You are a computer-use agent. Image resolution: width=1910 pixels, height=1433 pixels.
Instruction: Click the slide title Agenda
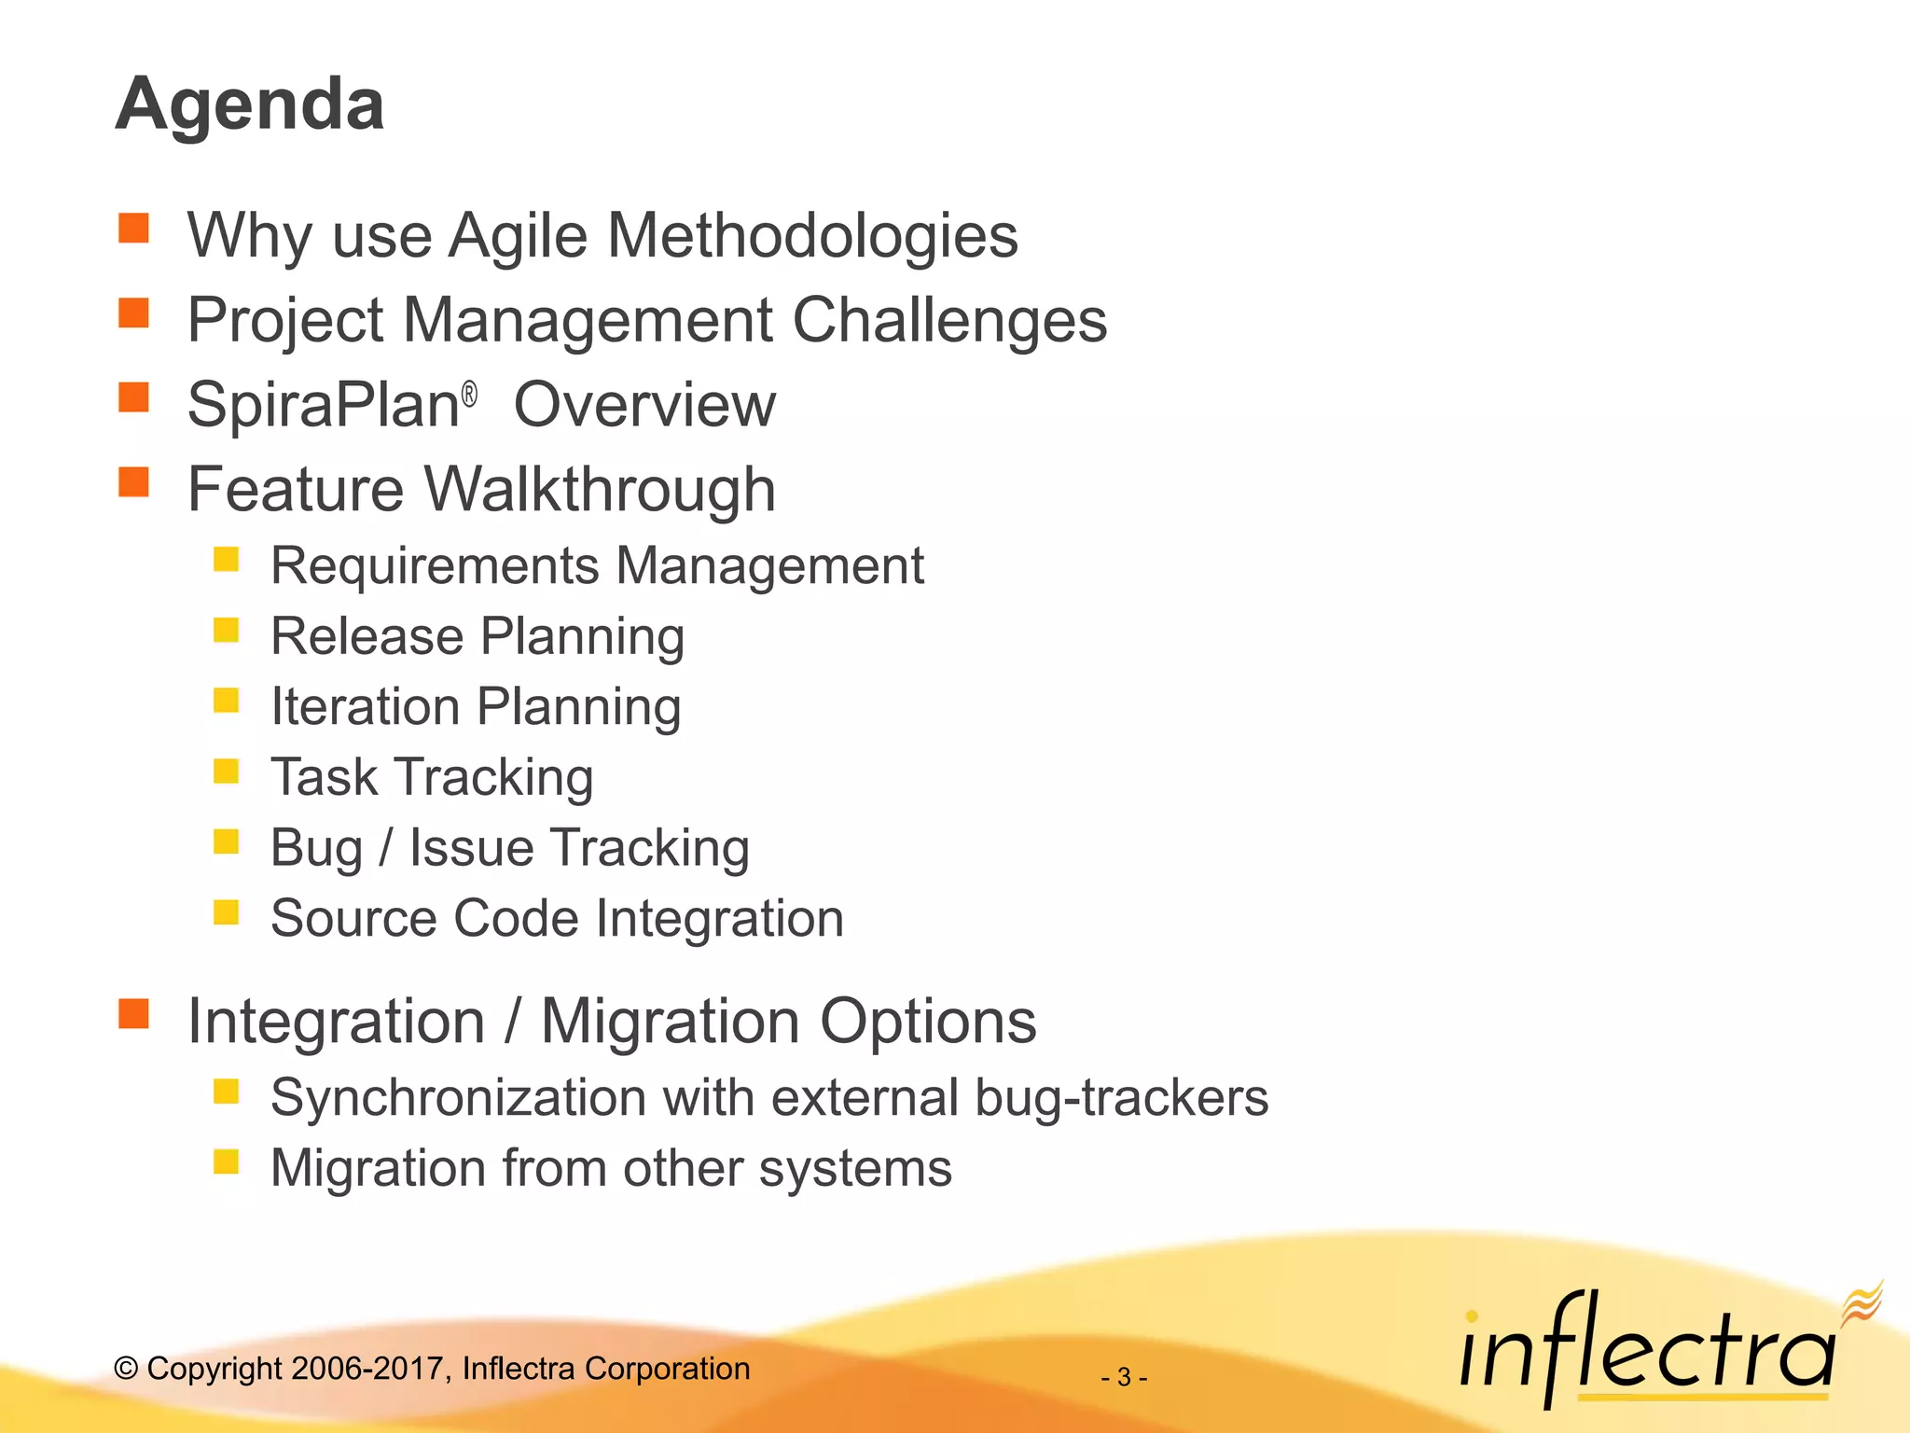pyautogui.click(x=250, y=104)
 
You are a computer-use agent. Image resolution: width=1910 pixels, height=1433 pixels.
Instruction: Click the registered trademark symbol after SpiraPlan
pyautogui.click(x=470, y=395)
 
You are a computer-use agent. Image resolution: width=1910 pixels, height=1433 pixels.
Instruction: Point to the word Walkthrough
pyautogui.click(x=600, y=489)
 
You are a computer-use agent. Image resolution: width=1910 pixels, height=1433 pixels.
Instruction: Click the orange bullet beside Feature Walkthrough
pyautogui.click(x=134, y=481)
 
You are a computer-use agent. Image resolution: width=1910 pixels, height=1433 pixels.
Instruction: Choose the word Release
pyautogui.click(x=367, y=636)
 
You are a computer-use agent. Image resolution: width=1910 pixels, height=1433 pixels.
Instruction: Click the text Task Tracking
pyautogui.click(x=432, y=777)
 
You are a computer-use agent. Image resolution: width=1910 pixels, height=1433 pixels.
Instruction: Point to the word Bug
pyautogui.click(x=316, y=848)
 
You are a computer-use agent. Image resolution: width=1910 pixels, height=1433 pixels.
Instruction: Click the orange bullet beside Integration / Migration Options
pyautogui.click(x=134, y=1013)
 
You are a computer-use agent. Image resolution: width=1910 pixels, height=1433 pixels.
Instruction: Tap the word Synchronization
pyautogui.click(x=458, y=1097)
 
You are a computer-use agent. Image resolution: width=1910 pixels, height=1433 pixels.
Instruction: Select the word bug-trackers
pyautogui.click(x=1121, y=1097)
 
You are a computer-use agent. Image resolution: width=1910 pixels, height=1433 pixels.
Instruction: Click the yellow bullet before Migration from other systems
pyautogui.click(x=227, y=1162)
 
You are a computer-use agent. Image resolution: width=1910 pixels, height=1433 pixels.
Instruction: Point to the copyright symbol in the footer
pyautogui.click(x=126, y=1369)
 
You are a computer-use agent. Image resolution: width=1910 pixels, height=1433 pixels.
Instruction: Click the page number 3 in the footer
pyautogui.click(x=1124, y=1377)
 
